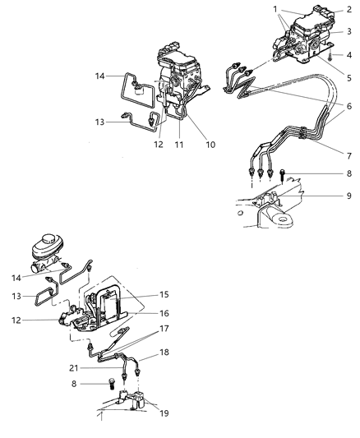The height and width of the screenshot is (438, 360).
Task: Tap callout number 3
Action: click(x=348, y=32)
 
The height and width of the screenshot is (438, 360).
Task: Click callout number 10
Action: click(x=210, y=145)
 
